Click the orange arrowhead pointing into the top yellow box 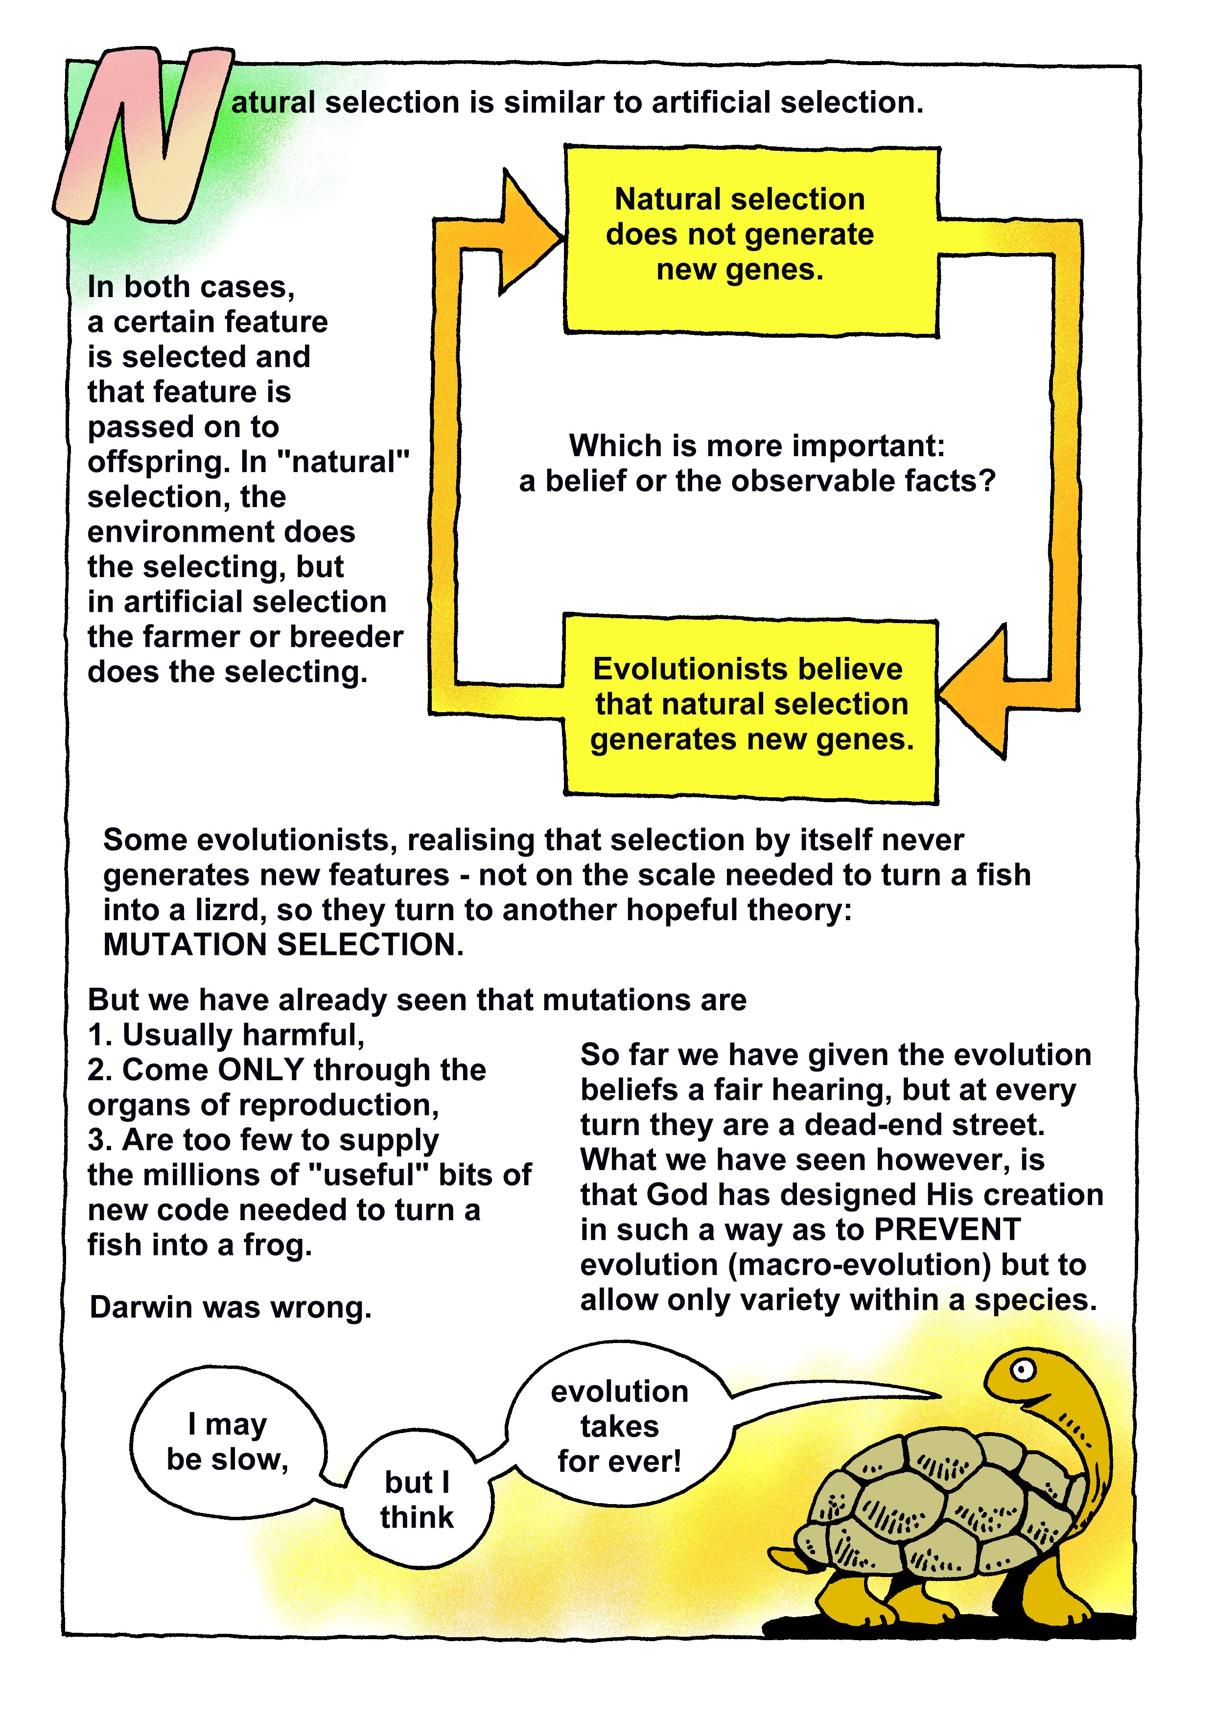click(527, 237)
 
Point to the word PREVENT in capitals click(947, 1230)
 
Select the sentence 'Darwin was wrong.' click(231, 1308)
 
